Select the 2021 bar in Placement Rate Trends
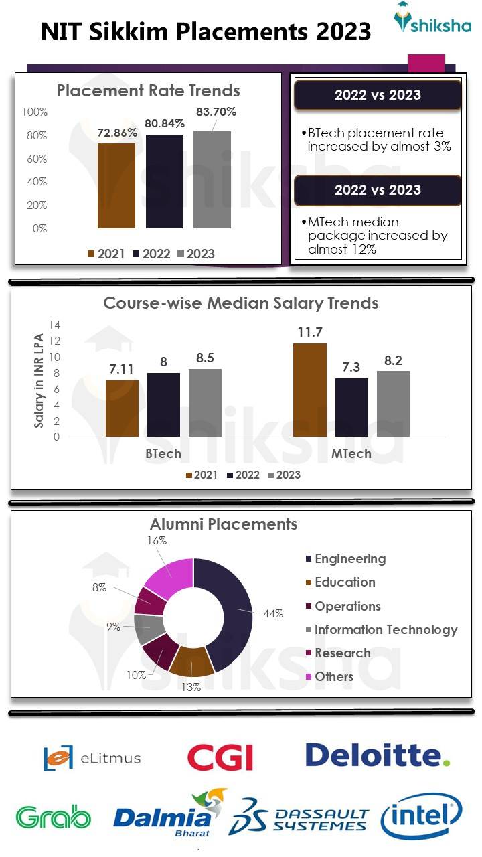click(x=116, y=185)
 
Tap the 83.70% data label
click(x=216, y=112)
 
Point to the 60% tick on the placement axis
click(x=37, y=159)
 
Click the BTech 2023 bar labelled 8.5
click(x=205, y=402)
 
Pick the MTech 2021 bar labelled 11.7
click(x=310, y=390)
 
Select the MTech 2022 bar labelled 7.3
click(x=351, y=407)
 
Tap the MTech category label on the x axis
click(x=351, y=454)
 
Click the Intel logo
click(x=421, y=817)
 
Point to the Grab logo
click(x=54, y=817)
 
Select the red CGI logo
click(x=220, y=758)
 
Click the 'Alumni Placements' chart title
click(x=224, y=524)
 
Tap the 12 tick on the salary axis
click(x=56, y=341)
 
